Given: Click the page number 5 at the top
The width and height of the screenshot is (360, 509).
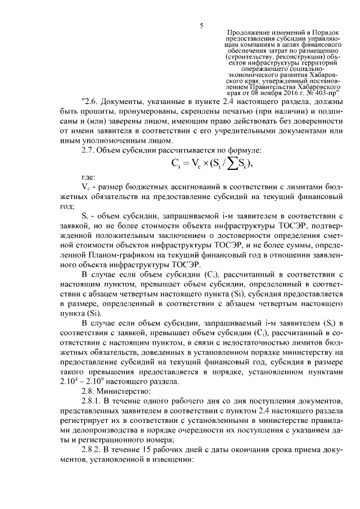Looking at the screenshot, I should [201, 25].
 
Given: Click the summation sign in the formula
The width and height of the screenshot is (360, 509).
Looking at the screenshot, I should [221, 164].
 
